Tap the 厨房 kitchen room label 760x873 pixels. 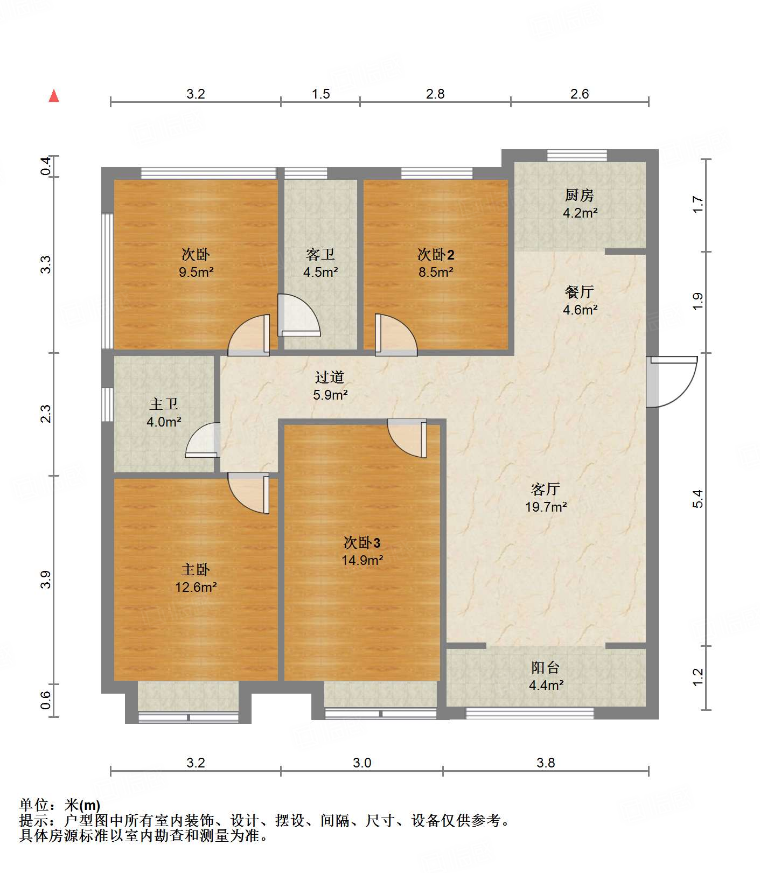(x=580, y=194)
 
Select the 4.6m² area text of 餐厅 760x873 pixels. (x=580, y=310)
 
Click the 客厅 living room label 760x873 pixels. (x=546, y=489)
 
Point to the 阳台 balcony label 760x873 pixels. (x=546, y=668)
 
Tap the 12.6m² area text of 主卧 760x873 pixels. (x=196, y=587)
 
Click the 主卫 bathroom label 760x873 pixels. (x=164, y=404)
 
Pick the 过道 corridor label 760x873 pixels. (x=330, y=377)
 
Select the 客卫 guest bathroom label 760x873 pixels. (x=320, y=254)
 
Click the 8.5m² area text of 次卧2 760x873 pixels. (x=436, y=272)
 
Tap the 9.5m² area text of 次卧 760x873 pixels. (x=196, y=272)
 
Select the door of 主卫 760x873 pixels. (x=203, y=440)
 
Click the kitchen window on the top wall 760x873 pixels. (x=577, y=156)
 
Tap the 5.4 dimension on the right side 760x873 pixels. (x=698, y=499)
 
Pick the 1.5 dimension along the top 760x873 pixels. (x=320, y=94)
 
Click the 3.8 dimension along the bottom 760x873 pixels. (x=546, y=763)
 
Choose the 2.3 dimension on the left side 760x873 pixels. (x=46, y=414)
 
